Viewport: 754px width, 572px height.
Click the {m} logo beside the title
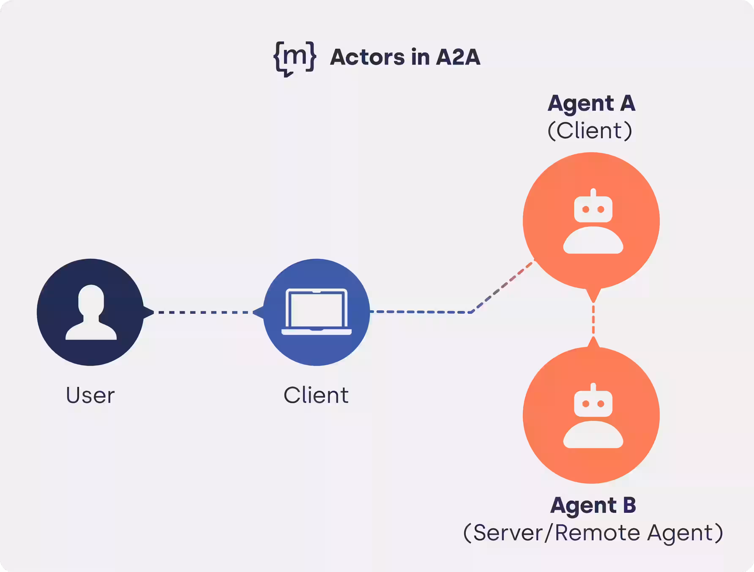(295, 58)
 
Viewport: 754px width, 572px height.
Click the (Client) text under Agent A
(590, 131)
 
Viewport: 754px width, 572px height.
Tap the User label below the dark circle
(90, 395)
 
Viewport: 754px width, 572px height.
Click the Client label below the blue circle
(316, 395)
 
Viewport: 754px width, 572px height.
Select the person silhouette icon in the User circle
(91, 312)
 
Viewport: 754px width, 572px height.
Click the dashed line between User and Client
(203, 312)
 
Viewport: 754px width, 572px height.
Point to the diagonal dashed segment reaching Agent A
(503, 286)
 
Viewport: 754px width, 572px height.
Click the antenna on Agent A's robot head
(593, 192)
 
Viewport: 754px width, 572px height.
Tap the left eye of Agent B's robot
(586, 404)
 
